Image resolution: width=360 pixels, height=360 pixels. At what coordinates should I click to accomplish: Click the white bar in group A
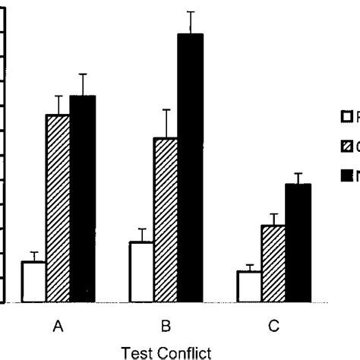(x=33, y=282)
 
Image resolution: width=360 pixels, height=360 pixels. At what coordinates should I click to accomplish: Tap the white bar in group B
(x=141, y=272)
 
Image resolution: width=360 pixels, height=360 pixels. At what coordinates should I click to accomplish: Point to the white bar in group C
(x=249, y=286)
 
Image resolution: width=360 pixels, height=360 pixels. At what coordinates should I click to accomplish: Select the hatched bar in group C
(x=273, y=264)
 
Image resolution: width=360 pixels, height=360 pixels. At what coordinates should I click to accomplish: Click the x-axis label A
(x=58, y=327)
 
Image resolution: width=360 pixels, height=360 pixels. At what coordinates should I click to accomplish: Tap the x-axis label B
(x=166, y=327)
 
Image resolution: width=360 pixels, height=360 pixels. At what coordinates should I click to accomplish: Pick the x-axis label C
(x=273, y=327)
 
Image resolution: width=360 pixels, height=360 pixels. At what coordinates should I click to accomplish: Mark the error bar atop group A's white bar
(x=33, y=256)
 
